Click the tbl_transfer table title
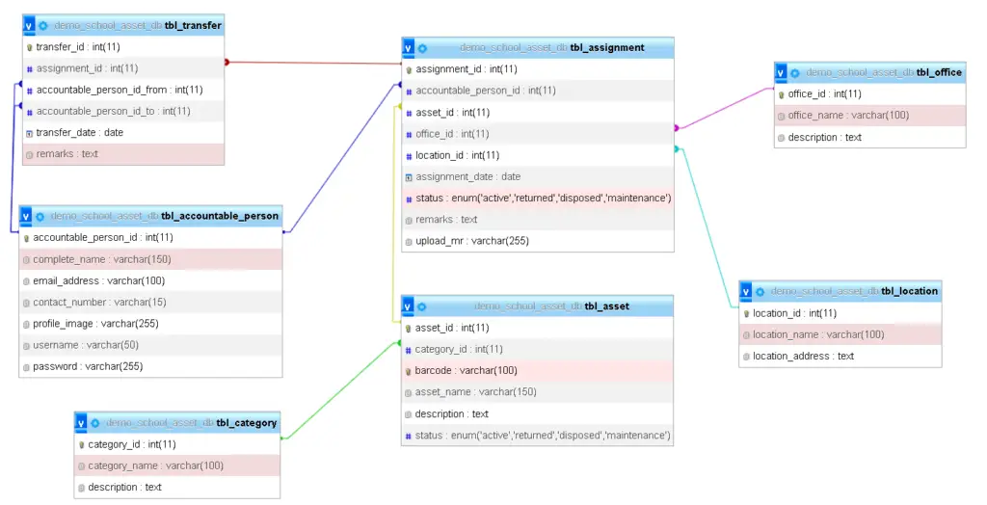click(x=193, y=25)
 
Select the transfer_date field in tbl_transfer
click(x=80, y=133)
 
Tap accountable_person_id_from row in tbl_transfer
click(x=120, y=90)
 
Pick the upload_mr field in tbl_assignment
click(x=471, y=241)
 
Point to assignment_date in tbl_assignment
click(x=467, y=176)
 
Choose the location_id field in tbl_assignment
click(x=457, y=155)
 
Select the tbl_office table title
click(x=938, y=72)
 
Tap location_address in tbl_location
click(x=803, y=357)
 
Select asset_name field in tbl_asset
click(x=476, y=392)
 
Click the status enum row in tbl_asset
click(x=543, y=436)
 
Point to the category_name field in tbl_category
click(x=155, y=465)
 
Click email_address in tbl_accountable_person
click(x=98, y=281)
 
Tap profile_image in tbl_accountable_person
click(x=95, y=324)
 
